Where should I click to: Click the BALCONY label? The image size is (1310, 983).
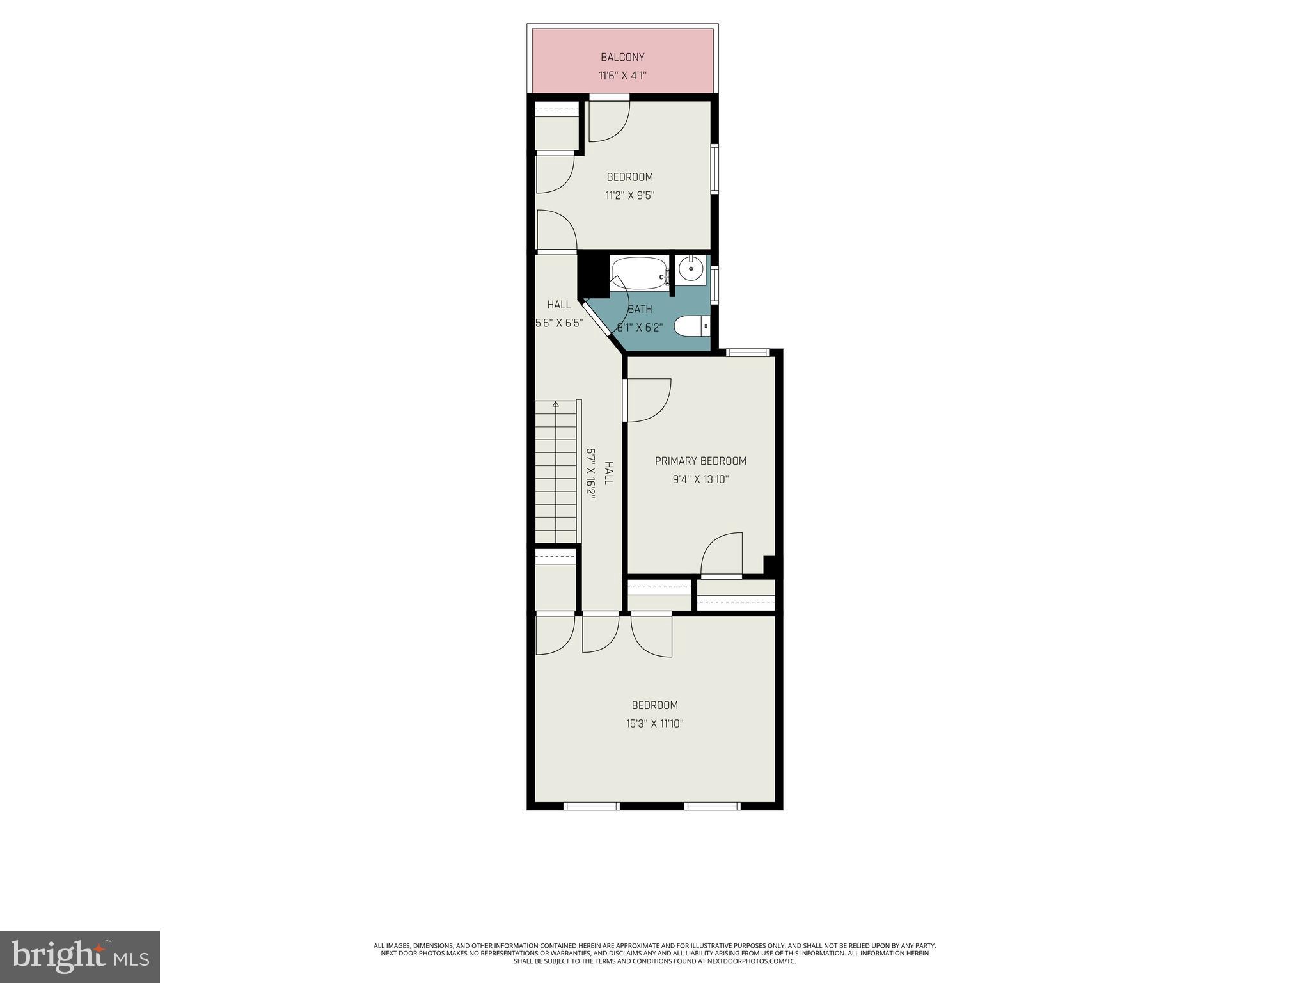(622, 58)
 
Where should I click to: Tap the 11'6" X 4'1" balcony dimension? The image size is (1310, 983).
(622, 76)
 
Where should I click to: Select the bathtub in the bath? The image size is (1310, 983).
(638, 273)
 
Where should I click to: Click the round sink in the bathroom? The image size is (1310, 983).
(691, 269)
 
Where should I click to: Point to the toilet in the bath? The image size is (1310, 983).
(691, 326)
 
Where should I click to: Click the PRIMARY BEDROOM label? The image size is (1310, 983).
(700, 461)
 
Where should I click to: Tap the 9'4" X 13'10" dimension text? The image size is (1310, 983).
(700, 479)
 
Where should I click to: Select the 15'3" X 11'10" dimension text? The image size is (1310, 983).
(654, 724)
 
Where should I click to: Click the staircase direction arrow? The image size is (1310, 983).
(556, 404)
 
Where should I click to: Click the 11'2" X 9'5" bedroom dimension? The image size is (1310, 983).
(629, 195)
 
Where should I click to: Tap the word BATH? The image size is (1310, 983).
(640, 309)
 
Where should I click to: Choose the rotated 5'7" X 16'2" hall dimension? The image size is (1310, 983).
(592, 474)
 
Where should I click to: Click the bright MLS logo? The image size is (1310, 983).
(79, 956)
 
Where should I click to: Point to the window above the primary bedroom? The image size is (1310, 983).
(747, 352)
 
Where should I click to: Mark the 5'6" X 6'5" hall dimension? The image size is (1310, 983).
(559, 323)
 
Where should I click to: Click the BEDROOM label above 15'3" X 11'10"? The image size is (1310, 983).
(654, 705)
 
